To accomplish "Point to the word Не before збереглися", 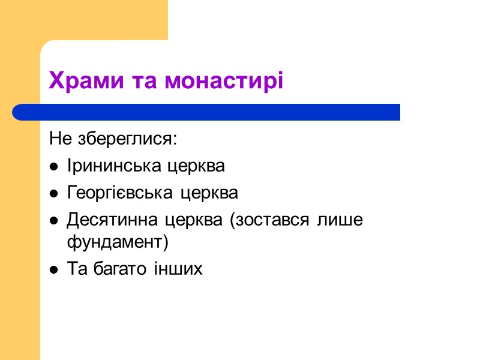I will click(x=60, y=139).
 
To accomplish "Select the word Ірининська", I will click(x=110, y=166).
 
